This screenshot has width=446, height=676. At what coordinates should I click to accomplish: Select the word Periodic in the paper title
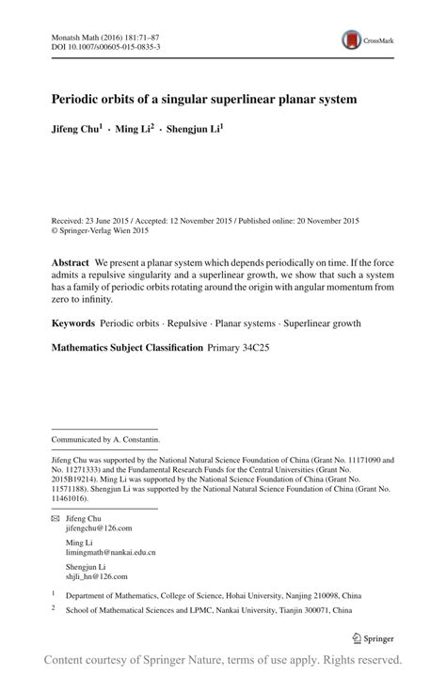pyautogui.click(x=77, y=98)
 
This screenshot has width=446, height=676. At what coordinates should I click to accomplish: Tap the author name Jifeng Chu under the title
pyautogui.click(x=74, y=128)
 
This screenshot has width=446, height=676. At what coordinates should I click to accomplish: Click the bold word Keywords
pyautogui.click(x=72, y=323)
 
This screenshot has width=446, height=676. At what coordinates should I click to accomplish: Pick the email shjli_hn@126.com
pyautogui.click(x=97, y=576)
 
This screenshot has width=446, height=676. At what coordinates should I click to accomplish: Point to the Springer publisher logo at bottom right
pyautogui.click(x=373, y=637)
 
